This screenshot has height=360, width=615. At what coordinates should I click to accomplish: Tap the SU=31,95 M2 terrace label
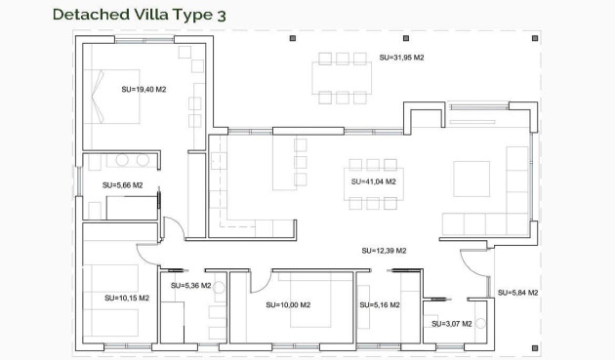[401, 58]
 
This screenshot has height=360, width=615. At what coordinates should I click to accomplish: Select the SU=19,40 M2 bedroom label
[143, 89]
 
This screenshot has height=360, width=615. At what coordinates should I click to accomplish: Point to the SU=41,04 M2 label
[373, 181]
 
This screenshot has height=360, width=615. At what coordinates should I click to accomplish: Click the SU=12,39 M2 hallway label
[384, 251]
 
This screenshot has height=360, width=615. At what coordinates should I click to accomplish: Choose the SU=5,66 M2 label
[123, 184]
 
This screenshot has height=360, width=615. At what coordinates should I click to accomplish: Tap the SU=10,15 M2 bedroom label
[128, 298]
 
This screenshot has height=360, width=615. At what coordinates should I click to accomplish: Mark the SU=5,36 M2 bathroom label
[191, 286]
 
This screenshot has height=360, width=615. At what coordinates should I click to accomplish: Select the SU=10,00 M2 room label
[288, 305]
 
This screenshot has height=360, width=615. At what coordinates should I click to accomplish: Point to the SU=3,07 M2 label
[451, 323]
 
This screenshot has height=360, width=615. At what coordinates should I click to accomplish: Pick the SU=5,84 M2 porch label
[517, 293]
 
